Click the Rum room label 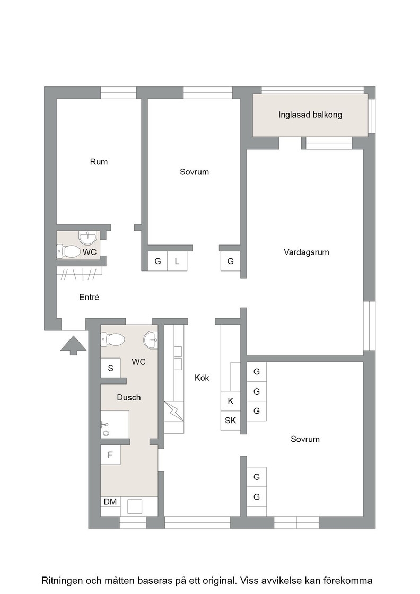[99, 162]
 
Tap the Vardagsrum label [307, 252]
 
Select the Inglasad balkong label [310, 115]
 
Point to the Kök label [202, 378]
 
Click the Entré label [89, 298]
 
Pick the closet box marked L [177, 261]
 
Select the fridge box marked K [230, 401]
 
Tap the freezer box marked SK [230, 421]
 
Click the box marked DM [110, 502]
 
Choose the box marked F [110, 455]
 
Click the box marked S [111, 368]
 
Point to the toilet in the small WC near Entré [68, 251]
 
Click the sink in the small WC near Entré [89, 238]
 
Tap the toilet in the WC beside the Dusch [112, 339]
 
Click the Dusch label [129, 397]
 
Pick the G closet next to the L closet [157, 261]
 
